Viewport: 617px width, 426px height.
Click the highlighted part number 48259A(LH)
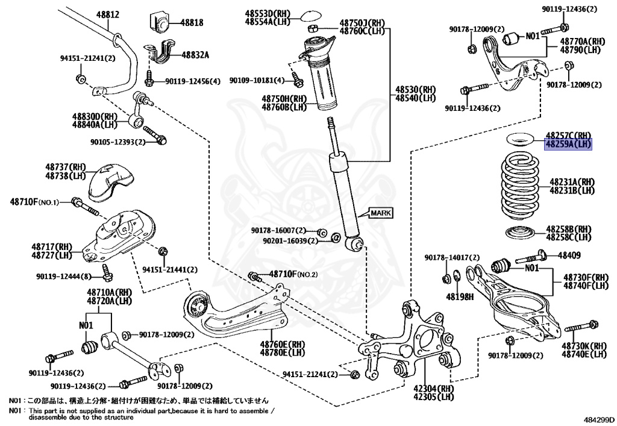click(569, 145)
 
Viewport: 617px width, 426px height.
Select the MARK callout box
click(381, 213)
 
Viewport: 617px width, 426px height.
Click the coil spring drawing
click(516, 186)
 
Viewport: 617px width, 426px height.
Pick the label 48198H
click(460, 296)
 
